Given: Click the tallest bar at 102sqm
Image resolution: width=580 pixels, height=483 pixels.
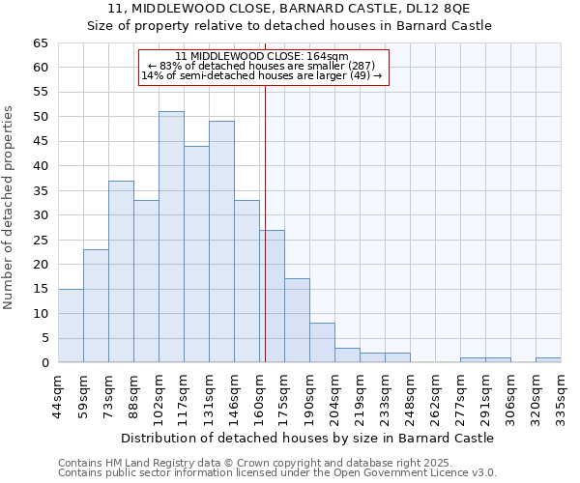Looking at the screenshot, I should (171, 237).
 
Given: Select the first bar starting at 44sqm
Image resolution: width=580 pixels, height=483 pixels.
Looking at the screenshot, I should (71, 326).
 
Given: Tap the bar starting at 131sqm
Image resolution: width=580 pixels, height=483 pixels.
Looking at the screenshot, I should (221, 241).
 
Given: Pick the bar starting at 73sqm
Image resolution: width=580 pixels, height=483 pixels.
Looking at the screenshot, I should (121, 271).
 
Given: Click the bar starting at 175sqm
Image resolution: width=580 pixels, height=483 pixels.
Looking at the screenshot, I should (297, 321).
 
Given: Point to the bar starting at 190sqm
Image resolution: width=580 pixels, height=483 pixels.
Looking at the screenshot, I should (322, 343).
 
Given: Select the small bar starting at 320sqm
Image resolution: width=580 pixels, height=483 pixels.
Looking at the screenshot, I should (548, 360).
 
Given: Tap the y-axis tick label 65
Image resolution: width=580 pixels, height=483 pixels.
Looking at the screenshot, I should (40, 43).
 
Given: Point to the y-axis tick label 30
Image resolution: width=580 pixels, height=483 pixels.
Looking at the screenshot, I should (40, 215).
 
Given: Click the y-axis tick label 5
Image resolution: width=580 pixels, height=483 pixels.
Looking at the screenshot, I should (43, 338).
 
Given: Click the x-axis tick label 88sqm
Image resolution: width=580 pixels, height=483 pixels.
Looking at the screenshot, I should (134, 392).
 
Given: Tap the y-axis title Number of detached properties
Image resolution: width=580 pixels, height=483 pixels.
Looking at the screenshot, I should (9, 208).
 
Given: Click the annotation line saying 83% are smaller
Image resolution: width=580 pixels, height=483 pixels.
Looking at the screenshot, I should (262, 66).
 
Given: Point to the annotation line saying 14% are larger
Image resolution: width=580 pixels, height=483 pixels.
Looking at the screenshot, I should (262, 75).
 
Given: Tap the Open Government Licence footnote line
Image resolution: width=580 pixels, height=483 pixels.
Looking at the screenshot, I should (277, 472).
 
